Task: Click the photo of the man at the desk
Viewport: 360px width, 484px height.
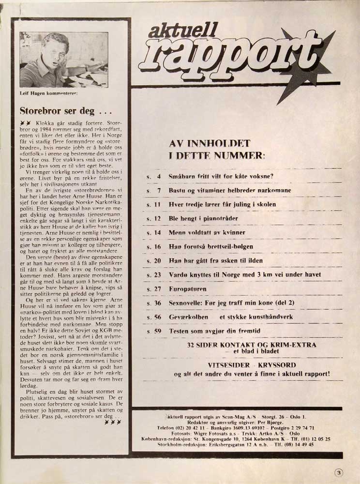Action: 57,60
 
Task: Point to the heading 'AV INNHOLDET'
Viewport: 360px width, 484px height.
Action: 209,143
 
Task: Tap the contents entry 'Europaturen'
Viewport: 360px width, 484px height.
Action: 187,288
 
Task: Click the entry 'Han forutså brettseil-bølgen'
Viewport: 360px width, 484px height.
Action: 210,246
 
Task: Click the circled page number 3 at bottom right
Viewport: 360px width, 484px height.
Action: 339,473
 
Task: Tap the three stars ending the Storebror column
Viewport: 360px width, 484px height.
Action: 112,422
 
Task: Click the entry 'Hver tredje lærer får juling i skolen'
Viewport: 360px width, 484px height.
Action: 222,204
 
